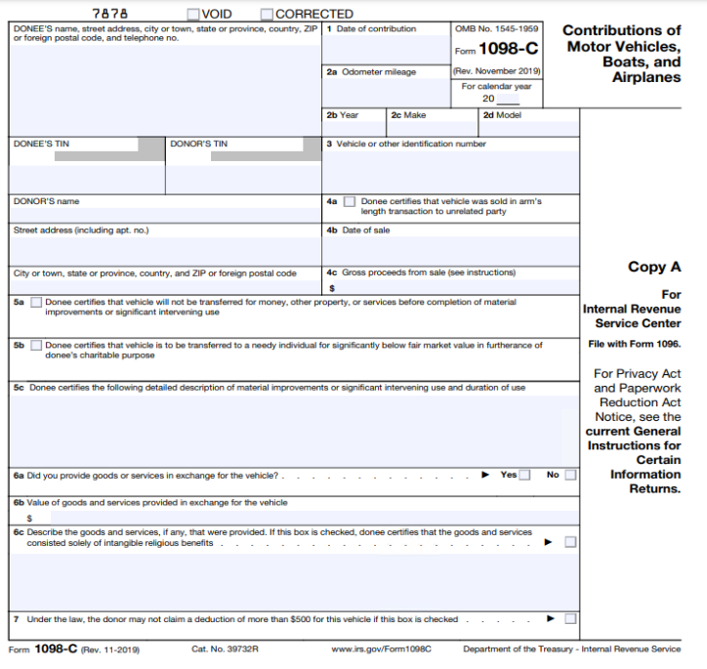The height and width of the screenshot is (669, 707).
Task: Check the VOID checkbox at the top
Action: tap(192, 14)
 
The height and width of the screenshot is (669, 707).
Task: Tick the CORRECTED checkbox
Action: tap(267, 14)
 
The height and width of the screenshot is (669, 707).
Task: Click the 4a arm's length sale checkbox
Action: tap(350, 202)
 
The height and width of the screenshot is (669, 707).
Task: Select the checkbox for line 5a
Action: tap(36, 303)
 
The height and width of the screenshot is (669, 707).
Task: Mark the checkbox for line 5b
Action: tap(36, 346)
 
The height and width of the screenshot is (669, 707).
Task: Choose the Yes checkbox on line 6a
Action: tap(525, 476)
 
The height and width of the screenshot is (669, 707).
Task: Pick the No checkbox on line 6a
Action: tap(570, 476)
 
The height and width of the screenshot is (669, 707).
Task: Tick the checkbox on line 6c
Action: tap(570, 542)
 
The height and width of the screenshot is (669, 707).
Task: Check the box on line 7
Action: tap(570, 619)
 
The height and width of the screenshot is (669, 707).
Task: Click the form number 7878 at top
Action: tap(110, 14)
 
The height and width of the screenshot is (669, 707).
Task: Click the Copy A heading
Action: tap(654, 267)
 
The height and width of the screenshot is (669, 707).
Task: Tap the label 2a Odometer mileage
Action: tap(371, 72)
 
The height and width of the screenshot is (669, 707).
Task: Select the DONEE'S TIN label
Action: tap(42, 145)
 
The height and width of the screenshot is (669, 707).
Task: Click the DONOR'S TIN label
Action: tap(198, 145)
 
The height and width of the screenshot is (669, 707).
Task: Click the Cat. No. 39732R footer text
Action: tap(225, 649)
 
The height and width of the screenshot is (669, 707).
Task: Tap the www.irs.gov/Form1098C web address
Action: tap(381, 649)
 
